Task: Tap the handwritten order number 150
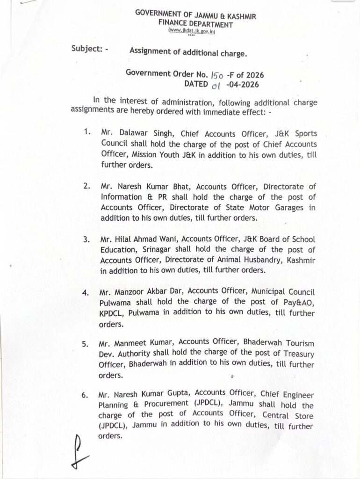217,75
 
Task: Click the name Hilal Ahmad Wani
144,239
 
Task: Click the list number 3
86,239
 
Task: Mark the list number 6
84,395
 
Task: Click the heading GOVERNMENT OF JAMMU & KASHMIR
195,15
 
